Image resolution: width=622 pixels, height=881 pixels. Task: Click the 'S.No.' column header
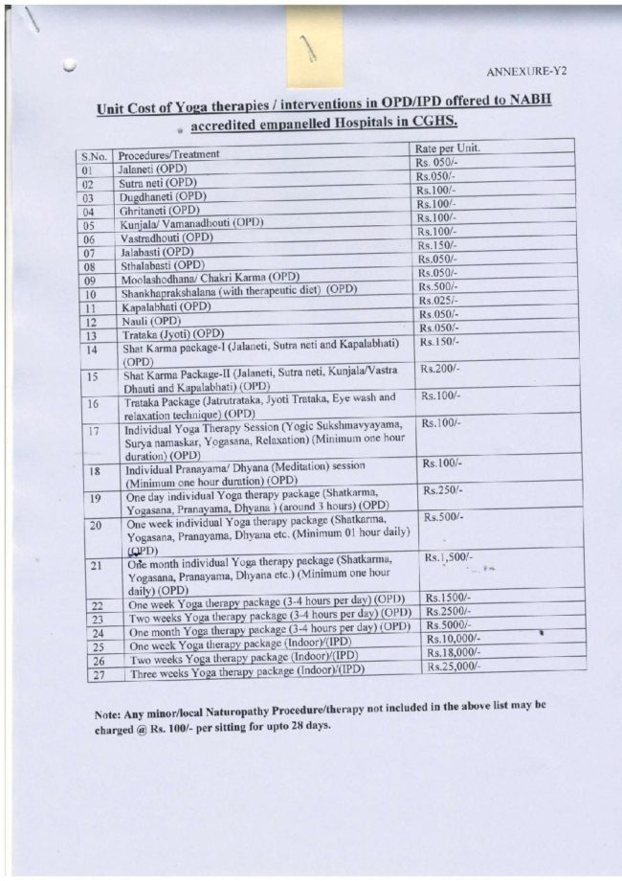[94, 156]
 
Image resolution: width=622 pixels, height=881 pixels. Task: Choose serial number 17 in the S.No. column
[94, 431]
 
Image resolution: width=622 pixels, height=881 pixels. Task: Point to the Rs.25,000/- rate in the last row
[454, 666]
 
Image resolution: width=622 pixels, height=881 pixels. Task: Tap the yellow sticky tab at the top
[314, 46]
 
